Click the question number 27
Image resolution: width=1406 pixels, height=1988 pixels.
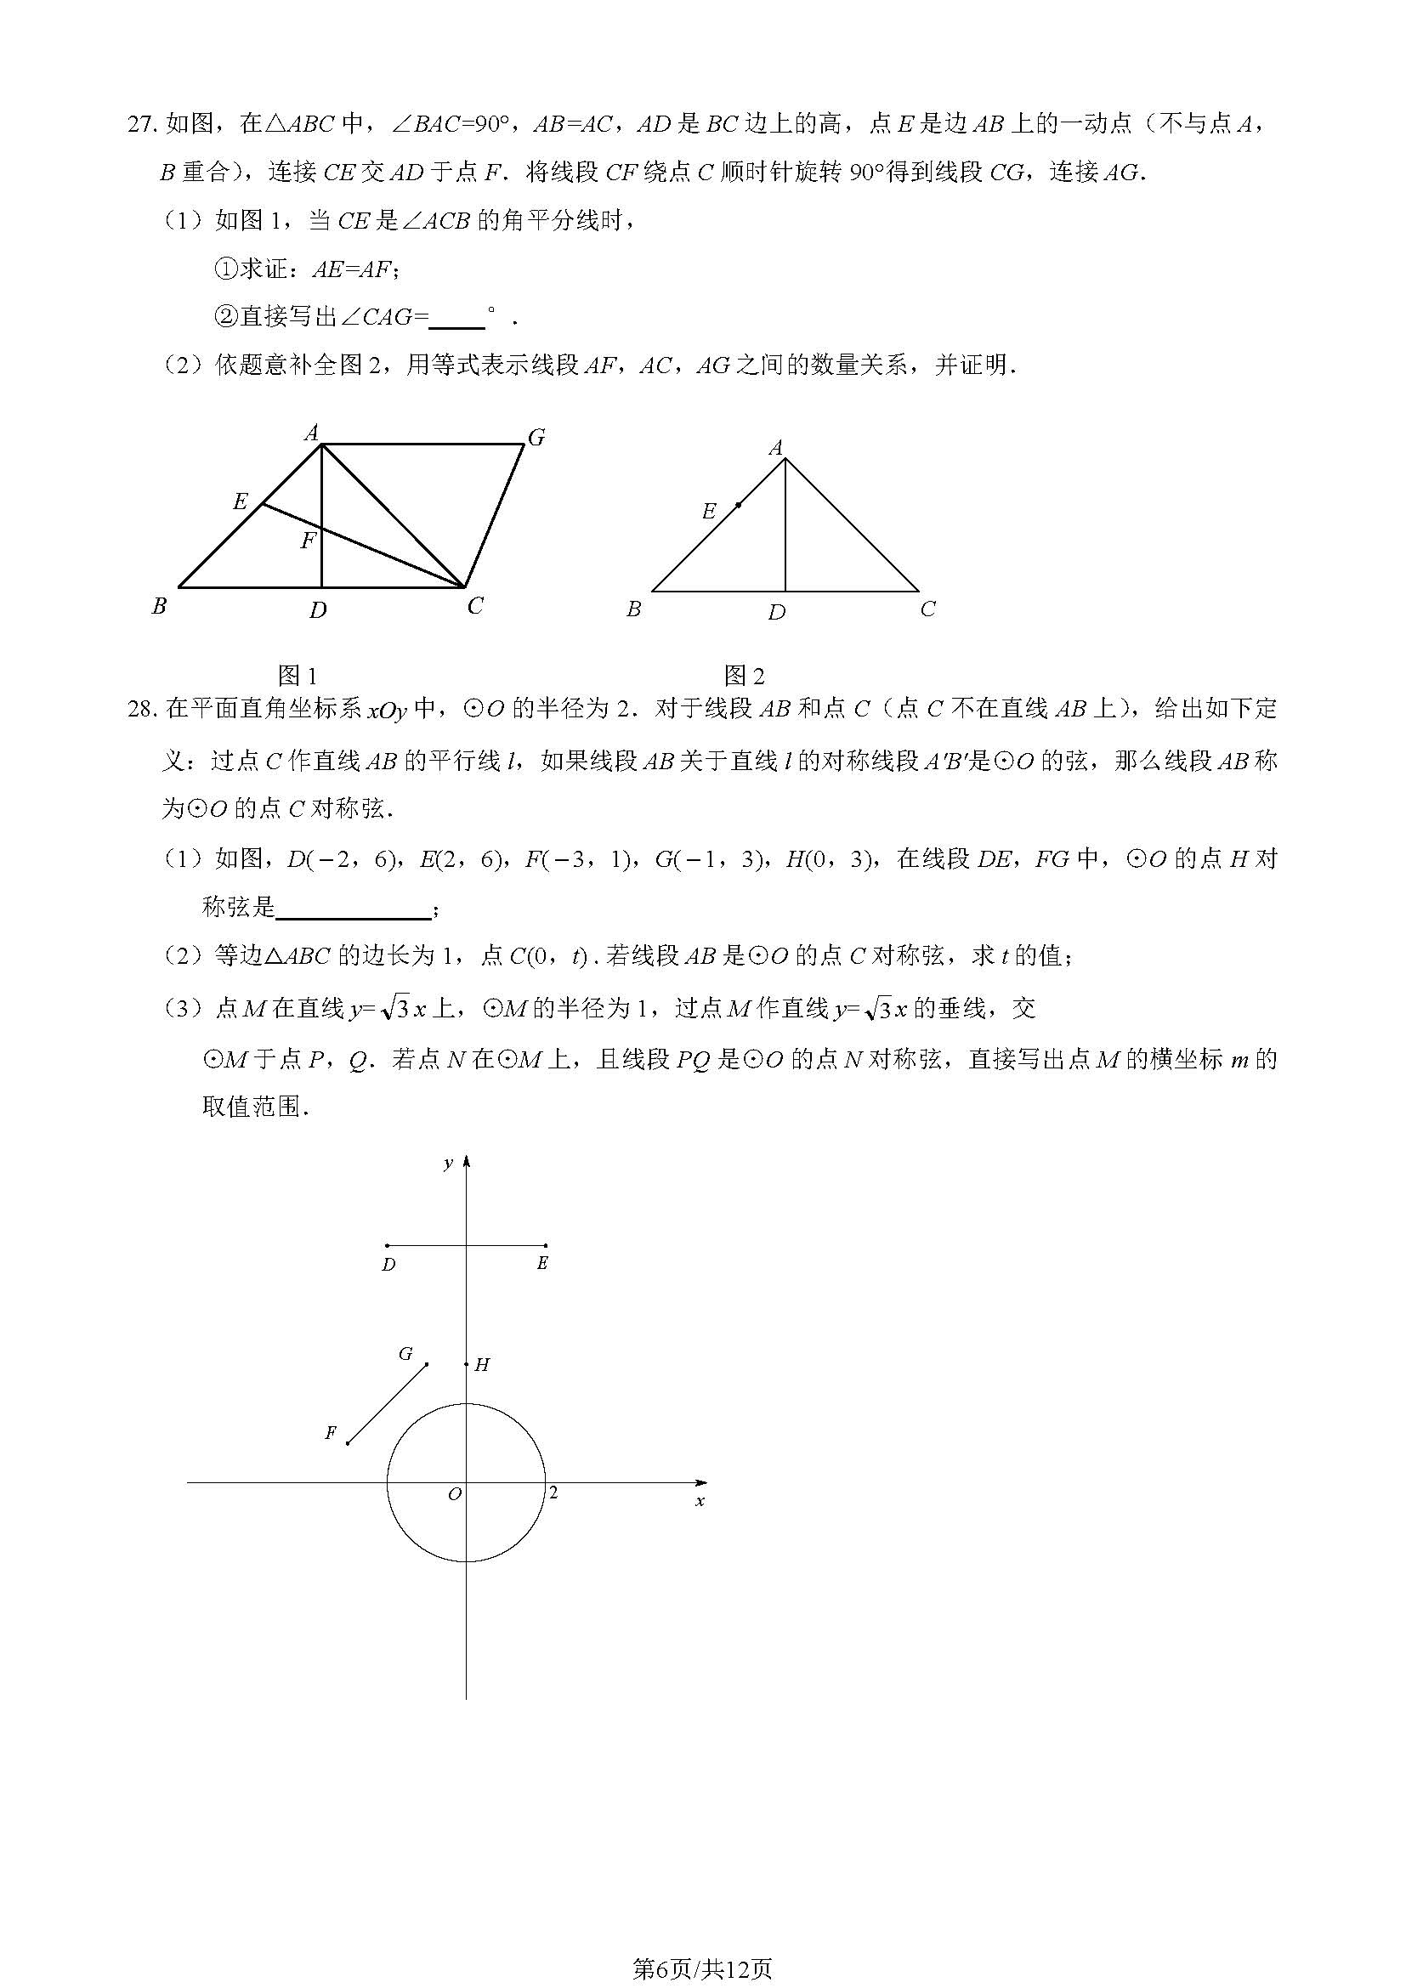pyautogui.click(x=142, y=124)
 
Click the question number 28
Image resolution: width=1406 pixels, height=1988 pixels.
pyautogui.click(x=142, y=709)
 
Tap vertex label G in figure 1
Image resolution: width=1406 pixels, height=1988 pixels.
pyautogui.click(x=536, y=437)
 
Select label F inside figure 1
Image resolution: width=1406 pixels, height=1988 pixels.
pyautogui.click(x=309, y=541)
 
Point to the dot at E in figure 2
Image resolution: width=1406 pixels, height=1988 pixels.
pyautogui.click(x=738, y=504)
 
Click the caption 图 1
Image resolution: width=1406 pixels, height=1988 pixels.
pyautogui.click(x=297, y=676)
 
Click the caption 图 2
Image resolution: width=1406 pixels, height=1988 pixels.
pyautogui.click(x=745, y=676)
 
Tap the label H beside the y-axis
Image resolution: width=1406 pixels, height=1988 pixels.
pyautogui.click(x=482, y=1365)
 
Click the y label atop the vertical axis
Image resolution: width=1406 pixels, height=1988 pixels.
pyautogui.click(x=448, y=1163)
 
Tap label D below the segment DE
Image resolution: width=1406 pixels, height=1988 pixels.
pyautogui.click(x=388, y=1264)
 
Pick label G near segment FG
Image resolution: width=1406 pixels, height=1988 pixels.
pyautogui.click(x=405, y=1353)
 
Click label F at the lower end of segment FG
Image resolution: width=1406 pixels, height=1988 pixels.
pyautogui.click(x=330, y=1433)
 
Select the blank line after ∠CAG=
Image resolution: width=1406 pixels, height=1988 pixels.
pyautogui.click(x=456, y=319)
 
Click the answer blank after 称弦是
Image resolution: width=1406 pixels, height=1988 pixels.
pyautogui.click(x=353, y=909)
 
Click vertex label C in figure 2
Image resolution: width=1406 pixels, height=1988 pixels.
pyautogui.click(x=927, y=609)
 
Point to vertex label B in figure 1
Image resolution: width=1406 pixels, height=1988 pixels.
pyautogui.click(x=159, y=606)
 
